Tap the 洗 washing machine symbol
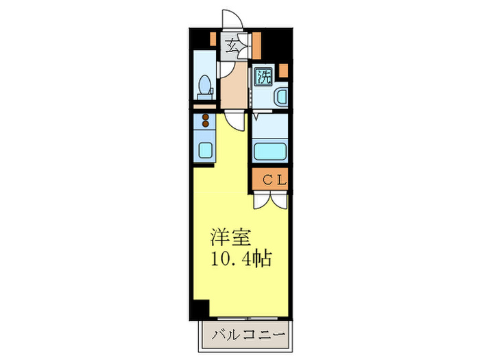point(263,76)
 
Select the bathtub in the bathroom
point(270,150)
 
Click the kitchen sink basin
point(204,149)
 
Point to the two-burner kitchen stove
point(204,122)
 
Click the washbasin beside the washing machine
point(281,97)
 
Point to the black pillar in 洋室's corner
point(200,309)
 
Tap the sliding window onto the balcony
point(249,319)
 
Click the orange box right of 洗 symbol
point(283,69)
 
